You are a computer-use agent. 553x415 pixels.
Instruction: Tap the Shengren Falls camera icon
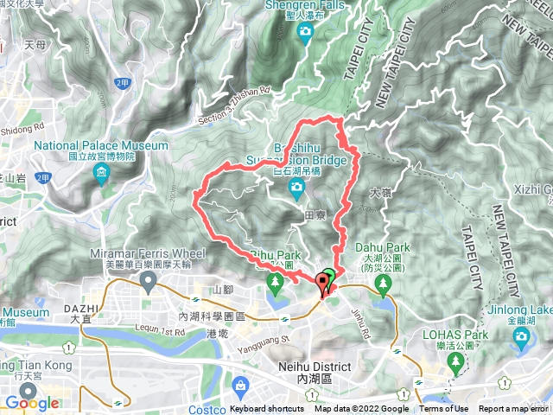click(305, 33)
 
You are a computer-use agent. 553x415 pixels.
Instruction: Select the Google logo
click(32, 403)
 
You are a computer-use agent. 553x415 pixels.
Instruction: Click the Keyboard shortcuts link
click(268, 409)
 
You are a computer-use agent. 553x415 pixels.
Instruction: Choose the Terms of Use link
click(444, 409)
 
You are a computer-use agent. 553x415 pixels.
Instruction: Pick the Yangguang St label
click(260, 340)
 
